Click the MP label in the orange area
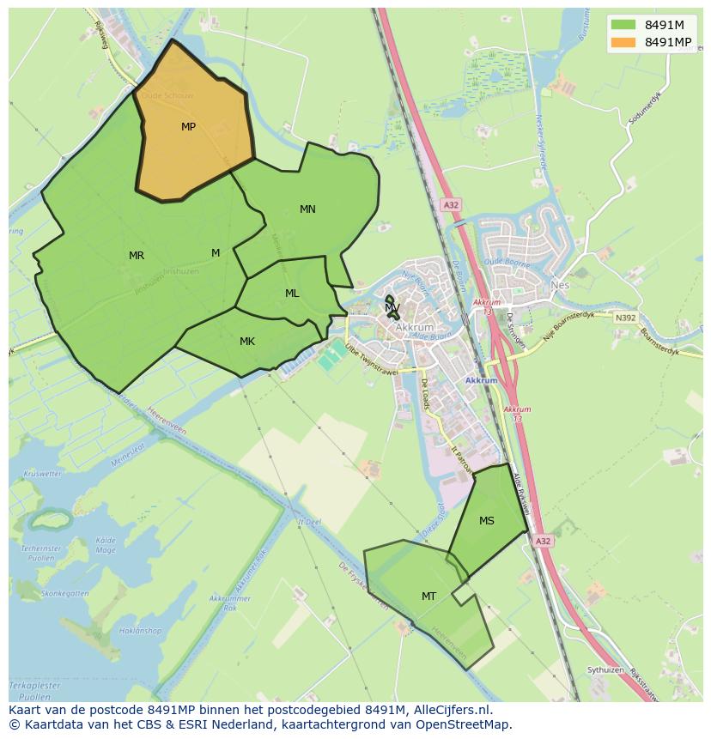coord(188,127)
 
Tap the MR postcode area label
coord(137,256)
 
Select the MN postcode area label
coord(307,209)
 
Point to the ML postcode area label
coord(292,294)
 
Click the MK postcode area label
coord(247,342)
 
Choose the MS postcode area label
coord(487,521)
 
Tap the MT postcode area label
coord(428,597)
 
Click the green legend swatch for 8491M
coord(623,24)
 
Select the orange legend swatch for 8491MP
coord(623,42)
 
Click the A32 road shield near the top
coord(452,204)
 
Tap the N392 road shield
coord(626,318)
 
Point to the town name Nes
coord(560,285)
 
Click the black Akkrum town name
coord(415,328)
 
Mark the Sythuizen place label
coord(605,669)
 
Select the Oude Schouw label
coord(167,96)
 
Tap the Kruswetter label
coord(43,474)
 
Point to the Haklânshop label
coord(140,631)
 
